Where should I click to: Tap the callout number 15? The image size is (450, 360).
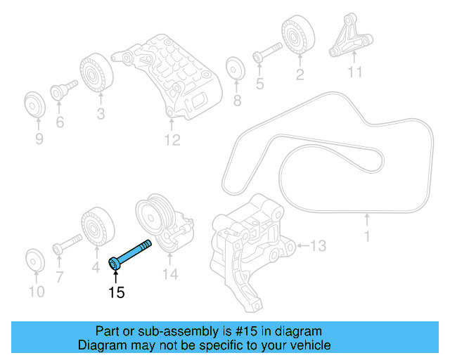click(116, 292)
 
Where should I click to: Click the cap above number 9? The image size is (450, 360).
click(33, 104)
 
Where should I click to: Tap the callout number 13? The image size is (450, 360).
click(318, 245)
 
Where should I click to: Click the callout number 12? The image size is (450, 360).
click(172, 141)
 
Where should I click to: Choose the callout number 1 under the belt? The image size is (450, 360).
click(366, 237)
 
